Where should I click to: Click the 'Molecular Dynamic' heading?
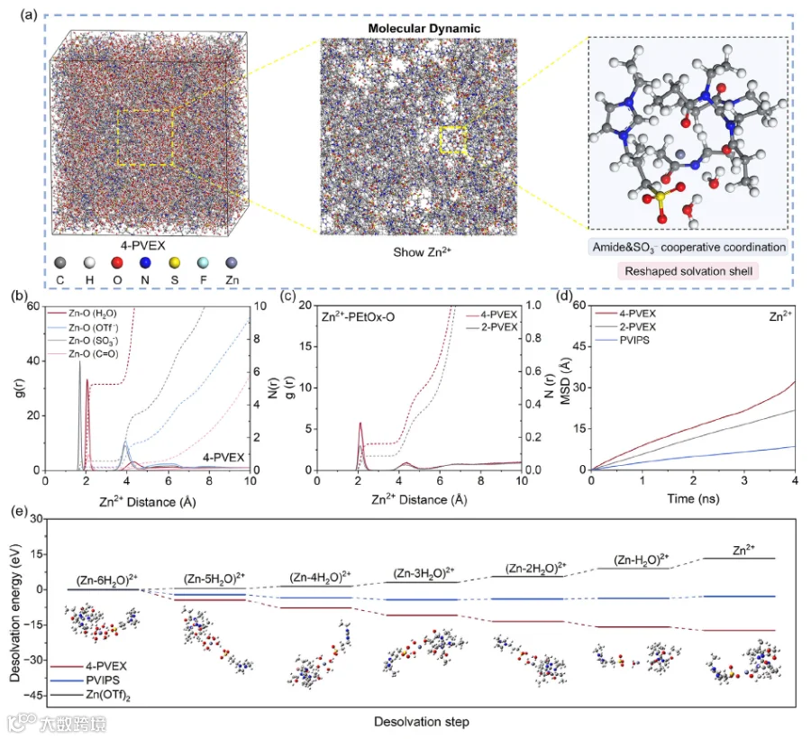(424, 29)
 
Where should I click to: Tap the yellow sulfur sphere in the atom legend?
(175, 263)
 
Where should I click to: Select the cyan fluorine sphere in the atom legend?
(204, 263)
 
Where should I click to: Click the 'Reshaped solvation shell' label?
(688, 271)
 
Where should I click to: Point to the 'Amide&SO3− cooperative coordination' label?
(689, 247)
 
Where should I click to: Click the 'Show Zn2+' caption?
(422, 251)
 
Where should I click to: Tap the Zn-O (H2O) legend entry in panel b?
(82, 314)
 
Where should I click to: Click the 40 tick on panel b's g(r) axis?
(33, 360)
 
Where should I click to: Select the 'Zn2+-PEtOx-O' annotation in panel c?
(358, 316)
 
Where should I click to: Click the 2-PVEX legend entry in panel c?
(491, 327)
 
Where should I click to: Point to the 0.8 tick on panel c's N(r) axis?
(533, 338)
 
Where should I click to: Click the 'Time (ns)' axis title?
(693, 498)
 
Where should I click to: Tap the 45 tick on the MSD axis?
(579, 346)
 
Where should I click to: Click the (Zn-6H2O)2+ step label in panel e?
(107, 580)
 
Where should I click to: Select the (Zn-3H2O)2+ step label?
(424, 573)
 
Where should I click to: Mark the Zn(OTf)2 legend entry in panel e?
(90, 695)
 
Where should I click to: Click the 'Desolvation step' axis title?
(422, 721)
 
